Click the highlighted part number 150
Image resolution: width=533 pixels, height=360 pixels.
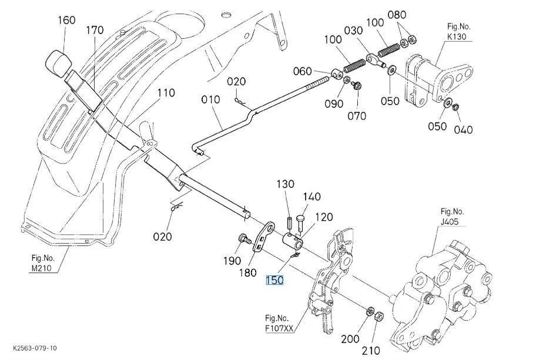(274, 281)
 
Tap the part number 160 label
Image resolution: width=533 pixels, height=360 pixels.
(66, 21)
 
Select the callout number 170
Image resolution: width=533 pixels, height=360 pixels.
(95, 31)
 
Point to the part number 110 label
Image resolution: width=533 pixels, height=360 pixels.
(166, 93)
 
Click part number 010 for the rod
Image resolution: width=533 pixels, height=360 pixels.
(210, 100)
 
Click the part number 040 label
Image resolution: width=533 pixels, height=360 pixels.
(463, 130)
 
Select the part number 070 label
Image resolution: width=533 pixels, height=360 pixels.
(356, 115)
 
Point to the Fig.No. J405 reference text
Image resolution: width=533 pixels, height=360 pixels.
(452, 217)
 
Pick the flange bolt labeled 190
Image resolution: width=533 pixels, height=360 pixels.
(243, 238)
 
